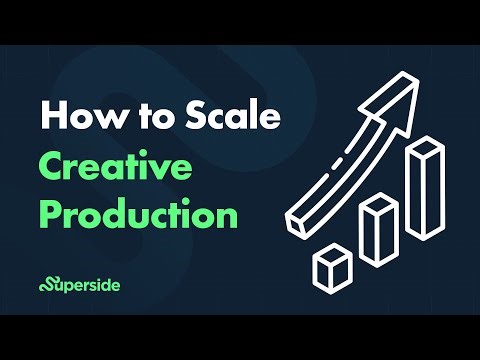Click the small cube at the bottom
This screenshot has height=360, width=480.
(330, 268)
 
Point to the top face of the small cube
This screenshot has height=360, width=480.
(330, 254)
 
